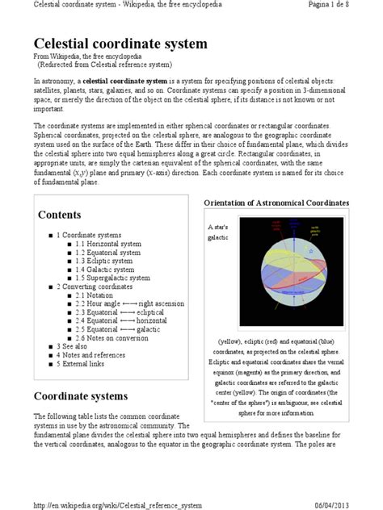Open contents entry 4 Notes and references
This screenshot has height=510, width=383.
(x=93, y=355)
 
